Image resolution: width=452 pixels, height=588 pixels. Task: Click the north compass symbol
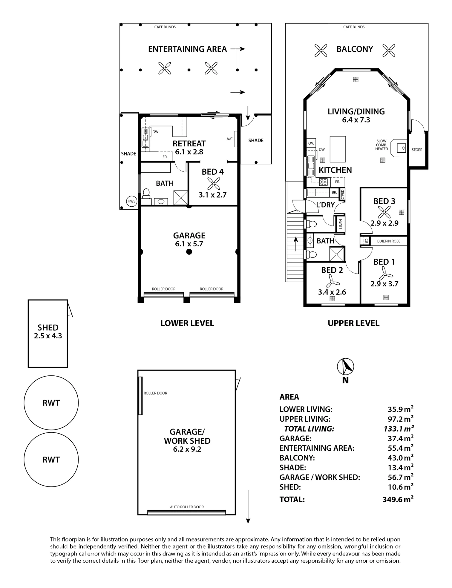pyautogui.click(x=345, y=366)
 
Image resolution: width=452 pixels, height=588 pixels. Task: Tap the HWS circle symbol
pyautogui.click(x=132, y=201)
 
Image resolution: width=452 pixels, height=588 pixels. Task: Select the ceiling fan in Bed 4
pyautogui.click(x=213, y=183)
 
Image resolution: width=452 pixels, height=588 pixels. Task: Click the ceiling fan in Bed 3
pyautogui.click(x=384, y=212)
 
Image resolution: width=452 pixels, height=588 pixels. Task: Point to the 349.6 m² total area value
pyautogui.click(x=398, y=499)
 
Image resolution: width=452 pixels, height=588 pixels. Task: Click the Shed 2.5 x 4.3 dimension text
pyautogui.click(x=48, y=336)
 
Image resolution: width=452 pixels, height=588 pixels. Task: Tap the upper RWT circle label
pyautogui.click(x=51, y=403)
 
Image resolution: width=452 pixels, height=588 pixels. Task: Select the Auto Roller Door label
pyautogui.click(x=187, y=507)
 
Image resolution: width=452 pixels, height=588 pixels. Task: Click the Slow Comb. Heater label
pyautogui.click(x=381, y=145)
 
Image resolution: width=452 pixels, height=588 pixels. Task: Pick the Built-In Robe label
pyautogui.click(x=389, y=241)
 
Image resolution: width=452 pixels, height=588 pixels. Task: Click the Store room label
pyautogui.click(x=417, y=150)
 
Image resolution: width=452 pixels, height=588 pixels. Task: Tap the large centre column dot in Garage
pyautogui.click(x=189, y=252)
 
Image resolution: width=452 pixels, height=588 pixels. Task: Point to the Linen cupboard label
pyautogui.click(x=341, y=224)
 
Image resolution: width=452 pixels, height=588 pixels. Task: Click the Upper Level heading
pyautogui.click(x=353, y=323)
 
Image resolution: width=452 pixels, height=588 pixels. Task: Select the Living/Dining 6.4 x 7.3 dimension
pyautogui.click(x=356, y=120)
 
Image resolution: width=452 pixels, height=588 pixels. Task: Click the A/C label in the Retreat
pyautogui.click(x=230, y=139)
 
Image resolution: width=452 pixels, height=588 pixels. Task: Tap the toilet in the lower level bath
pyautogui.click(x=146, y=193)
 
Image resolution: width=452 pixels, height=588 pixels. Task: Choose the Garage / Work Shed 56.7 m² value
pyautogui.click(x=401, y=477)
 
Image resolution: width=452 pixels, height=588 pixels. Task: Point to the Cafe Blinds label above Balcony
pyautogui.click(x=354, y=27)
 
